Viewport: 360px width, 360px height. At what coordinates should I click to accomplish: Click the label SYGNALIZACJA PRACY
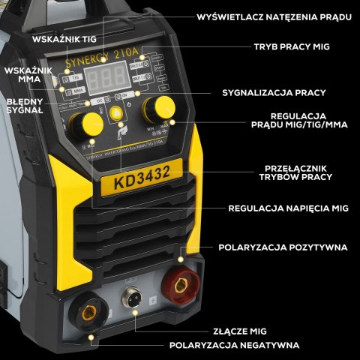click(x=274, y=93)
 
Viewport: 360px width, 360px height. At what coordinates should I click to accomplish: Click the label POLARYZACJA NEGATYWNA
click(x=234, y=345)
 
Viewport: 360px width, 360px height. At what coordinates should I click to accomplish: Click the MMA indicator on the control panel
click(x=78, y=89)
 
